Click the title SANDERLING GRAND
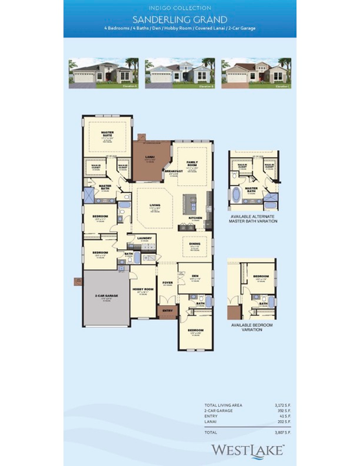[179, 19]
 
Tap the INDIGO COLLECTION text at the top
[179, 8]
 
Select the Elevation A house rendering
[103, 74]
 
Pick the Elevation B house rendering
[179, 74]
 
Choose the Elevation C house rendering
[256, 74]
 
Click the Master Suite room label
[107, 135]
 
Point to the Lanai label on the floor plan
[150, 156]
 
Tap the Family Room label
[192, 163]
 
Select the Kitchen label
[196, 218]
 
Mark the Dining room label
[195, 244]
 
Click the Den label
[195, 275]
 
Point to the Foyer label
[168, 282]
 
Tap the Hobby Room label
[142, 289]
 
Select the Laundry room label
[144, 238]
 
